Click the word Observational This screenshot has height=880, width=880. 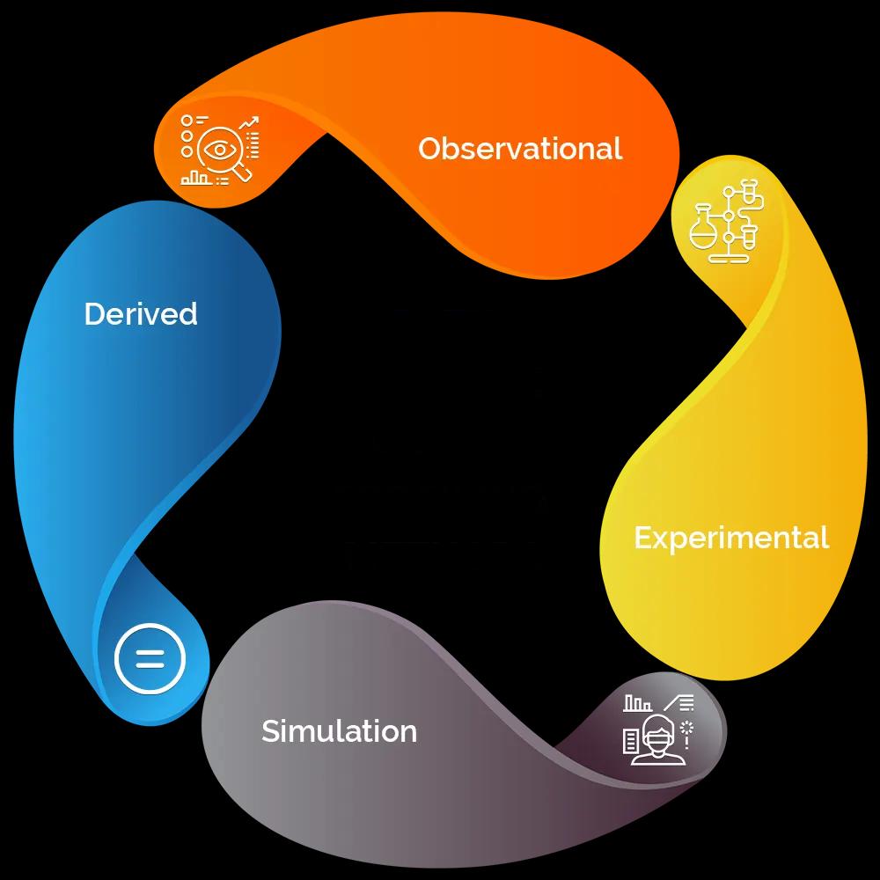click(x=520, y=149)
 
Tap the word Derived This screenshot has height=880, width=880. click(x=141, y=314)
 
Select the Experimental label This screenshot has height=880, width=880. click(x=731, y=538)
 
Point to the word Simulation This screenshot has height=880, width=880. click(x=339, y=731)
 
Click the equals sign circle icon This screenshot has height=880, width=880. click(x=150, y=657)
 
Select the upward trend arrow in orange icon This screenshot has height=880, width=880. click(x=249, y=122)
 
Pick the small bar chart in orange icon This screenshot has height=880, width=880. click(x=195, y=179)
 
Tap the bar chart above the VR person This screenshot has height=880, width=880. click(x=638, y=704)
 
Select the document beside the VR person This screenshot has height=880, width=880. click(x=631, y=741)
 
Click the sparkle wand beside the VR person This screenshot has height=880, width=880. click(x=686, y=732)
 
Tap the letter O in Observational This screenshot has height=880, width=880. click(x=429, y=149)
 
